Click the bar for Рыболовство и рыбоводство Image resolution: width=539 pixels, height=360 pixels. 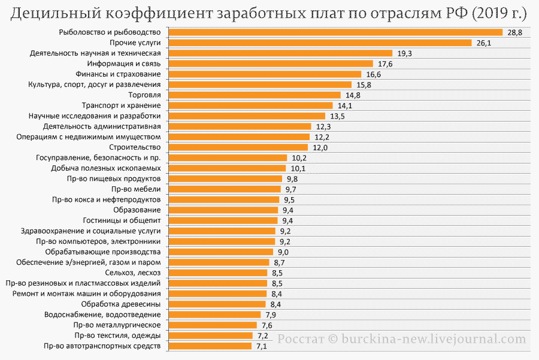(336, 32)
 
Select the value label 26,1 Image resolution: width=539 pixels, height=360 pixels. (484, 43)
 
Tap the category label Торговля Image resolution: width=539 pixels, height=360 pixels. (144, 95)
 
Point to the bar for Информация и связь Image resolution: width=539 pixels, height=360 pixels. (271, 63)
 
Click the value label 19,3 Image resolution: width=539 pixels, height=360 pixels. (405, 53)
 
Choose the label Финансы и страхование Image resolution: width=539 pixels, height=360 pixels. (118, 74)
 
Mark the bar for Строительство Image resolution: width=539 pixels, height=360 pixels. (238, 147)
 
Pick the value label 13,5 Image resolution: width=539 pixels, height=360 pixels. (337, 116)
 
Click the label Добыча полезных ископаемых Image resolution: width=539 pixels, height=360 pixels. (106, 168)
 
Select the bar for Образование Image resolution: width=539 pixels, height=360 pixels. (223, 210)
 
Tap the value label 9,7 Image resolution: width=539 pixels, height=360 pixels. (290, 189)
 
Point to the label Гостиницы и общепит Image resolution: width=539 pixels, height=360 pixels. (122, 220)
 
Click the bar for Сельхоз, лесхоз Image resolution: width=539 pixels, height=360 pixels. (218, 273)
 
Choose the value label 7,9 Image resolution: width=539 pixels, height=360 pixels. (271, 315)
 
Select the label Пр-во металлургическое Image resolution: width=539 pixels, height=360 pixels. (117, 325)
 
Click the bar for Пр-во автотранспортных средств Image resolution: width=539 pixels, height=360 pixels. (210, 346)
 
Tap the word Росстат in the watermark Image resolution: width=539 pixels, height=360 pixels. (301, 338)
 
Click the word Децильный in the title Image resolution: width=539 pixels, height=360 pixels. (55, 14)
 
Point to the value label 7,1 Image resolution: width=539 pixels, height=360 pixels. (262, 346)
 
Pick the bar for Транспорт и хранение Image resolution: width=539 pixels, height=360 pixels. (250, 105)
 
